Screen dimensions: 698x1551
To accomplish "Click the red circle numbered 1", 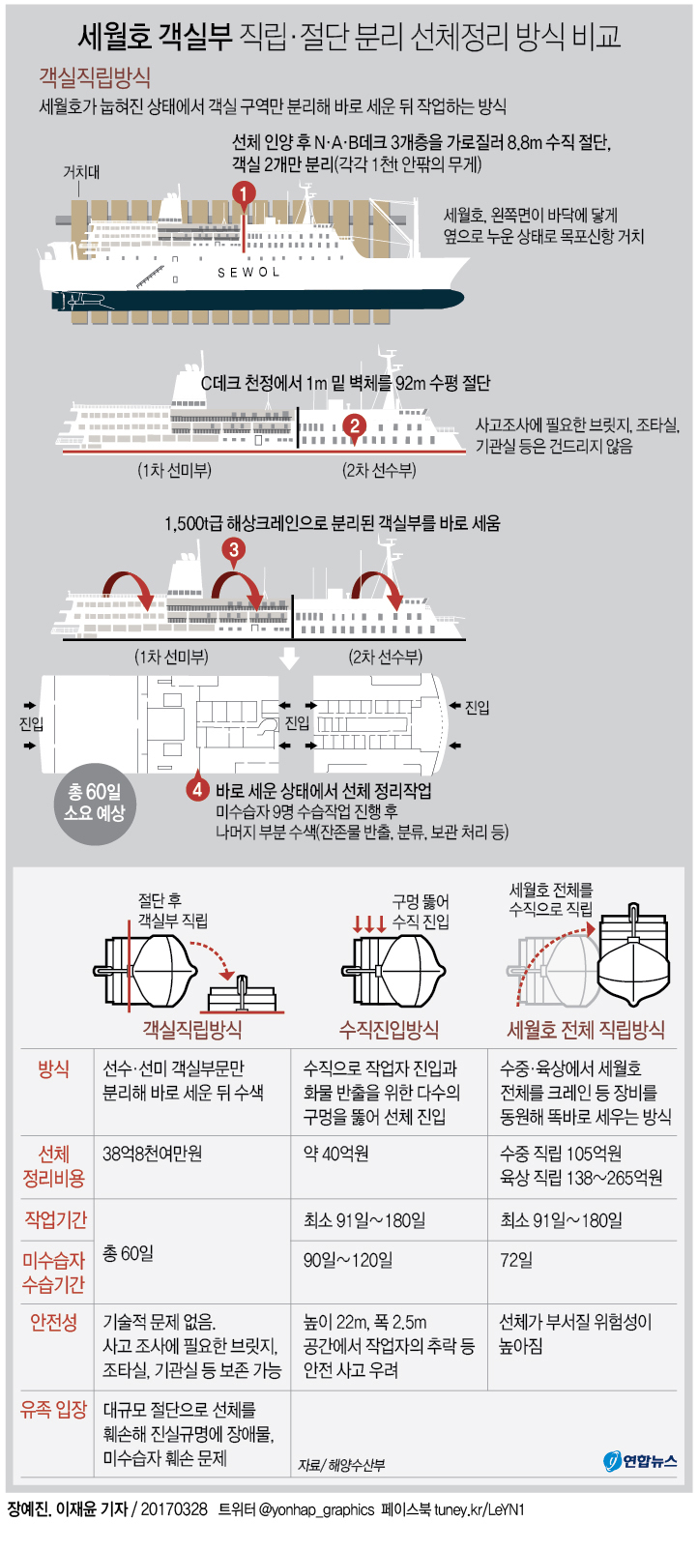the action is pos(243,193).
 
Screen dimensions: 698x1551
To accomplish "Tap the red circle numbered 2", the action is pos(355,425).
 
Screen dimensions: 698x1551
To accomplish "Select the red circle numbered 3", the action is pos(233,550).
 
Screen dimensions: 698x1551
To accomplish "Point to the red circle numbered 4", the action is pos(198,789).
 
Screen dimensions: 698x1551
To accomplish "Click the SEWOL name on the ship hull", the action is pos(248,273).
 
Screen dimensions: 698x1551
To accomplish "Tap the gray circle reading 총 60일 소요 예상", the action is pos(95,804).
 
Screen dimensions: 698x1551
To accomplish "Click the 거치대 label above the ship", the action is pos(82,172).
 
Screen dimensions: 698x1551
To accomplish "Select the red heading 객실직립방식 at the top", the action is pos(95,76).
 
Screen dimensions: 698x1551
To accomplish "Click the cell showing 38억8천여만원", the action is pos(153,1154).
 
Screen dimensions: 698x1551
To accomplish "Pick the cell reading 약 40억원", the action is pos(335,1154).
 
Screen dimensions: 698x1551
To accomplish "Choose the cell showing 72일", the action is pos(516,1260).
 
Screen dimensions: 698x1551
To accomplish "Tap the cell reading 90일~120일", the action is pos(348,1260).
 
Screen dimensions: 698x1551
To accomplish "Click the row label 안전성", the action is pos(53,1323).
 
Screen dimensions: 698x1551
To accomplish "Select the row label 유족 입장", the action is pos(53,1410).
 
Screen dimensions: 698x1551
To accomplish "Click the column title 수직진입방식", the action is pos(390,1030).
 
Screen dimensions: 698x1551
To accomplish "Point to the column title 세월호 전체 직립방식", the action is pos(586,1030).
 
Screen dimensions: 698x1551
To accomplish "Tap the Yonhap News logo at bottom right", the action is pos(640,1461).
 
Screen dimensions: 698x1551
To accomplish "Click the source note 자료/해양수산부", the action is pos(341,1465).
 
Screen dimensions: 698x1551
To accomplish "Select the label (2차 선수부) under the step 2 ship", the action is pos(379,470).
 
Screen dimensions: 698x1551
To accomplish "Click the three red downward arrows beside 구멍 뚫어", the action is pos(369,923).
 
